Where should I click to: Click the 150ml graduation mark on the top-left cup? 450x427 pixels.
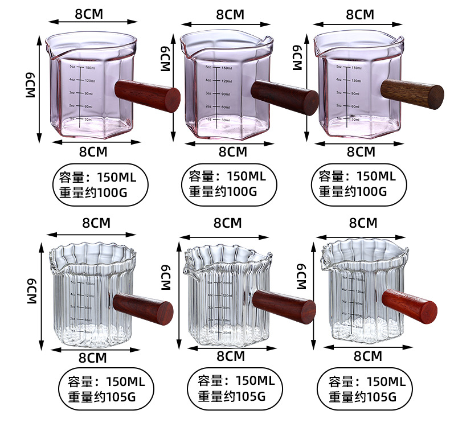click(x=89, y=67)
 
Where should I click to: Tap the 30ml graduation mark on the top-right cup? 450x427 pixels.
click(x=355, y=119)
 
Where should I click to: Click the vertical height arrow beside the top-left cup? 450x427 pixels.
click(x=39, y=85)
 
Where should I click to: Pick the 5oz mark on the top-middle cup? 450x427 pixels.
click(x=208, y=68)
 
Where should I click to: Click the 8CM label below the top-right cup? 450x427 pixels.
click(x=361, y=151)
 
